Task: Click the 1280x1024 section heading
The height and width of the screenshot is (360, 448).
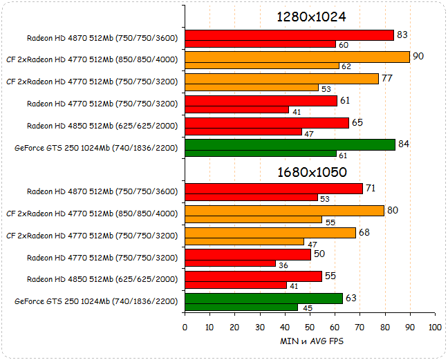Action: (311, 17)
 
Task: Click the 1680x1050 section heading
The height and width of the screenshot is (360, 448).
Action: (312, 172)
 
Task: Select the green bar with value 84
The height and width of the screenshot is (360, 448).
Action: (290, 144)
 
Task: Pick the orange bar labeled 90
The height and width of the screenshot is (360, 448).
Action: (297, 57)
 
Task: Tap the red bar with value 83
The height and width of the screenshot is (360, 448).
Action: (289, 35)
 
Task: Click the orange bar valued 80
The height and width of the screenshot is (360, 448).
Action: (284, 211)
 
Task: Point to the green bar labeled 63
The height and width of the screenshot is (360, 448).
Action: (263, 299)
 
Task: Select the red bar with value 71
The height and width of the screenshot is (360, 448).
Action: (274, 189)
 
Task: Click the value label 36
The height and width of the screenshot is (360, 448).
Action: (283, 264)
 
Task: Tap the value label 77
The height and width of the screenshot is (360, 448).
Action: (387, 78)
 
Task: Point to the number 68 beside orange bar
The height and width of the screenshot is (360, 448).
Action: (364, 232)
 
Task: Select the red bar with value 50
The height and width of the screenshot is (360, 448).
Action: (248, 254)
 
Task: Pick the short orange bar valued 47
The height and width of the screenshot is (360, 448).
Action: (244, 242)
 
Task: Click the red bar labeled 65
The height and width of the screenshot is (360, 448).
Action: (266, 123)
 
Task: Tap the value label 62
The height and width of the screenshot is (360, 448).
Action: (346, 66)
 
